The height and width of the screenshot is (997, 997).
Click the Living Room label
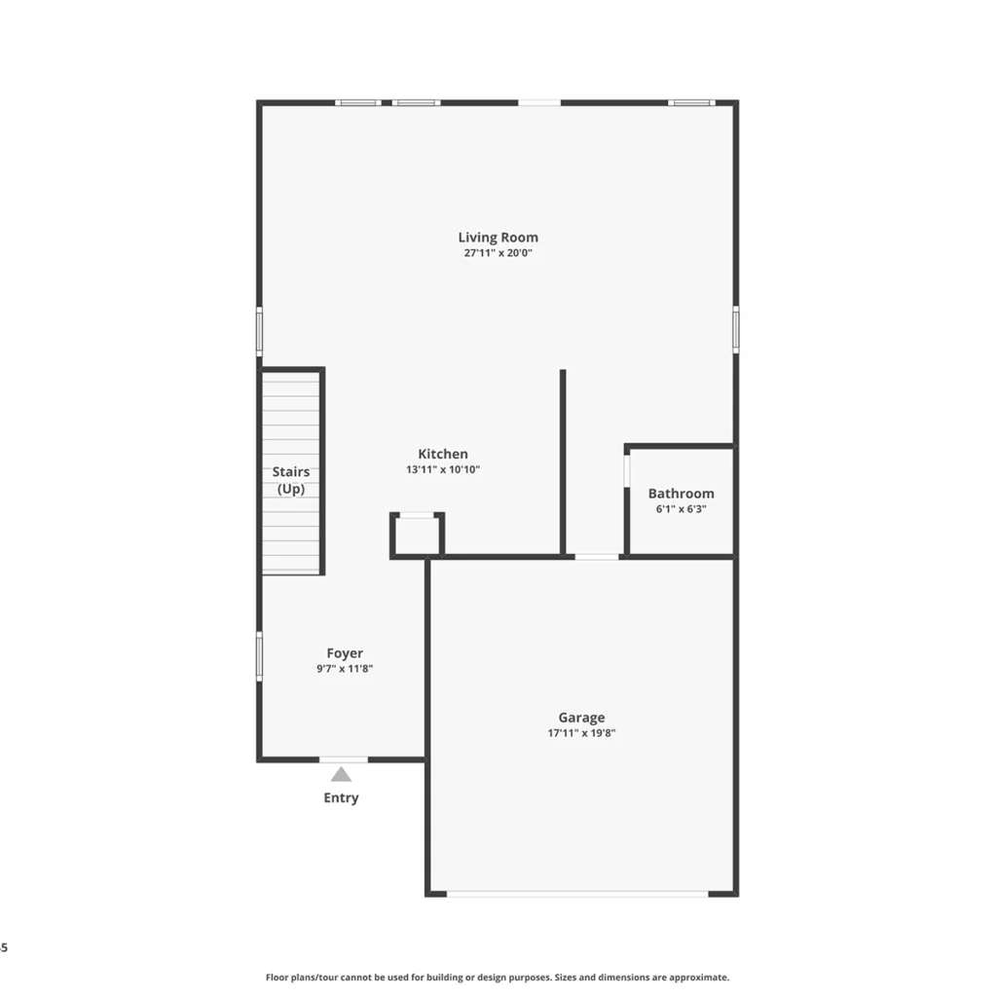coord(498,238)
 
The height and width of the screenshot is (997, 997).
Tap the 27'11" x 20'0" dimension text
coord(498,252)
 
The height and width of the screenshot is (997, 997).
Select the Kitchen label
coord(443,454)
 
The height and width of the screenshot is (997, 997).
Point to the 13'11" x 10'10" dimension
coord(443,469)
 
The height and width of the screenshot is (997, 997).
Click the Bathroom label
coord(681,494)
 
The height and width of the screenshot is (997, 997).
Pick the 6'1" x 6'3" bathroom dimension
coord(681,508)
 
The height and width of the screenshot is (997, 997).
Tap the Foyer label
coord(345,653)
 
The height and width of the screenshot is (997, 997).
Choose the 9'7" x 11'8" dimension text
coord(345,668)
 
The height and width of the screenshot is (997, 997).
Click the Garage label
coord(581,718)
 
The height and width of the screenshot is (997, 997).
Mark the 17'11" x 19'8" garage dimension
coord(581,732)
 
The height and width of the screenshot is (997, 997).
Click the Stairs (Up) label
coord(291,480)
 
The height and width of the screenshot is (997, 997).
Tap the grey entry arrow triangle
coord(341,774)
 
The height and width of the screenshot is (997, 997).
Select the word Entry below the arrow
coord(341,797)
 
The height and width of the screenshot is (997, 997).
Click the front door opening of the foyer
coord(344,759)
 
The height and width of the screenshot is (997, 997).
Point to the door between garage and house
coord(597,557)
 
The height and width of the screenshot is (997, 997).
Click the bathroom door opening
coord(627,471)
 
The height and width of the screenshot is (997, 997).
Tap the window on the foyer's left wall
coord(259,656)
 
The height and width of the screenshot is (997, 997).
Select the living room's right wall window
coord(736,329)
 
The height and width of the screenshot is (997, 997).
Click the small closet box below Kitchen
coord(417,535)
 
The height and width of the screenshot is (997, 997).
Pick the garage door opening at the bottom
coord(577,894)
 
